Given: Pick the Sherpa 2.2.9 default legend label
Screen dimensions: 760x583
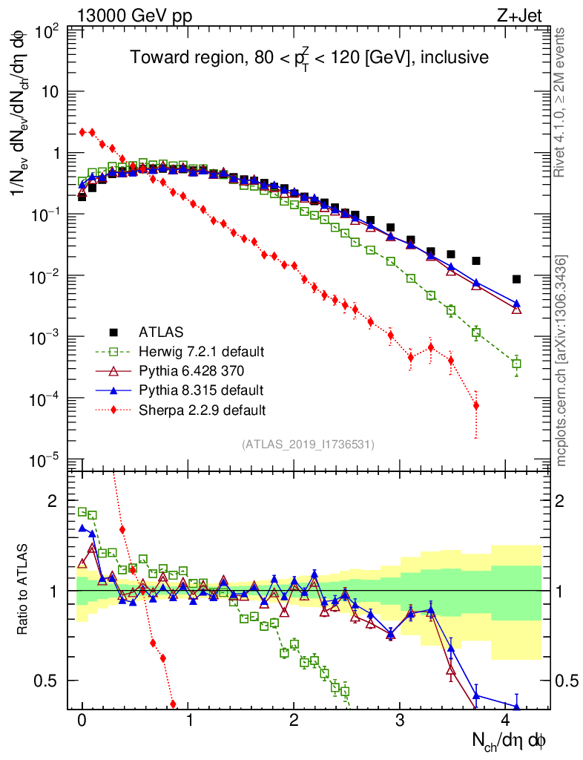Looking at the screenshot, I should point(202,409).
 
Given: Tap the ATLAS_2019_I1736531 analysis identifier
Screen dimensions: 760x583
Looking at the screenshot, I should point(308,445).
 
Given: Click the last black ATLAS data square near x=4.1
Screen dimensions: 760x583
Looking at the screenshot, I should point(516,279).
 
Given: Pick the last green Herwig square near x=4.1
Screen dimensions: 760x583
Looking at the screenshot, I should point(516,364).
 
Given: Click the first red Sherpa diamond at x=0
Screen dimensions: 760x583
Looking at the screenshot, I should point(82,132).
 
